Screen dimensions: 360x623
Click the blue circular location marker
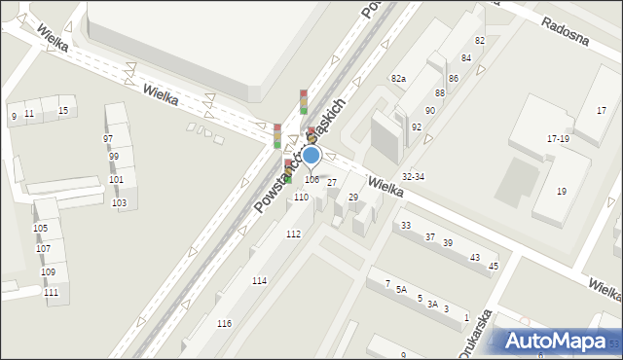click(311, 155)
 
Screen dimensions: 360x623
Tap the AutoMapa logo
click(558, 341)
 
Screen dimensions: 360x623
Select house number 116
click(224, 323)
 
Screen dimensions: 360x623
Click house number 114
click(259, 281)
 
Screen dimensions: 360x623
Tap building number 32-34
click(413, 176)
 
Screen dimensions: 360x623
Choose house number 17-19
click(558, 139)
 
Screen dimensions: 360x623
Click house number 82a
click(398, 77)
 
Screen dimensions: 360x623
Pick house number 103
click(119, 203)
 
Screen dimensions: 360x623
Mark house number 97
click(108, 139)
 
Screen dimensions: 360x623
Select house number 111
click(51, 293)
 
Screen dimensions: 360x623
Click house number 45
click(494, 267)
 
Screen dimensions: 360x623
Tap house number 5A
click(401, 289)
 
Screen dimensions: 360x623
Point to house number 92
click(417, 126)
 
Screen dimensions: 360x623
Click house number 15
click(63, 111)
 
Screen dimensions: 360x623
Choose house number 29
click(353, 198)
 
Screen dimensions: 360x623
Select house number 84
click(466, 58)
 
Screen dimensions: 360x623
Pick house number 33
click(406, 226)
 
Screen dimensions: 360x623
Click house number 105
click(40, 229)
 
